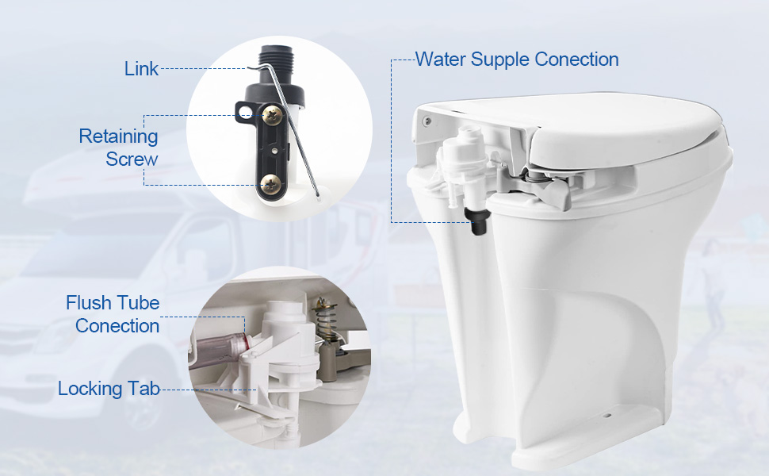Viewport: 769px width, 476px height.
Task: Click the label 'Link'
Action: click(x=141, y=69)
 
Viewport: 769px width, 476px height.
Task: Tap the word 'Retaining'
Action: click(x=118, y=136)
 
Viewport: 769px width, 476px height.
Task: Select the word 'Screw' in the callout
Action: click(x=132, y=159)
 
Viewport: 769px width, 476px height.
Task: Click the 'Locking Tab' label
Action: click(x=109, y=389)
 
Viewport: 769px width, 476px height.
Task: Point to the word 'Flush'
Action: click(x=90, y=303)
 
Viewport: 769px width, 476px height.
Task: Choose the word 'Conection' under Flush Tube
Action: click(x=117, y=326)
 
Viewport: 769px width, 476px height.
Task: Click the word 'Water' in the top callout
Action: click(x=441, y=59)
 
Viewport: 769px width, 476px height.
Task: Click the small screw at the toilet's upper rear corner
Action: click(x=427, y=121)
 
